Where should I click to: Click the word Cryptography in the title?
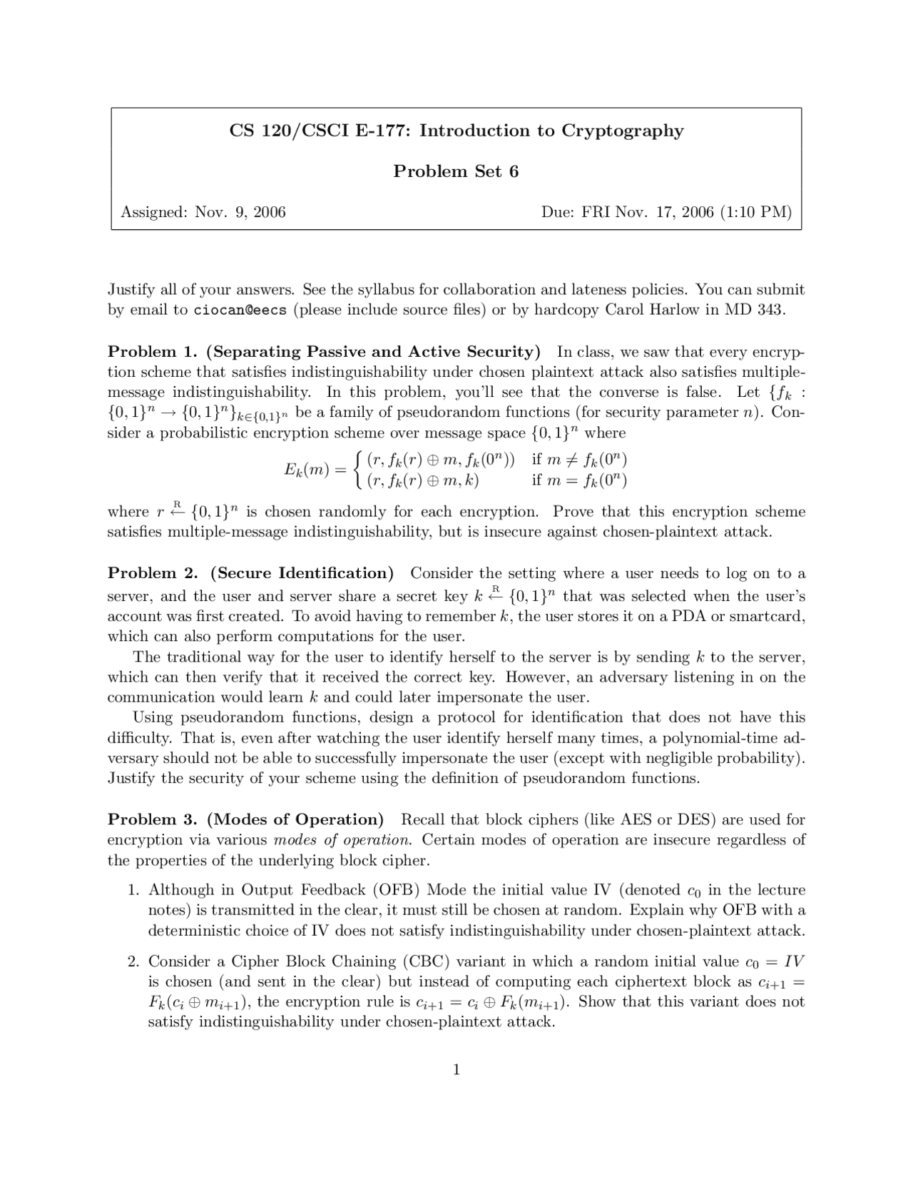[622, 131]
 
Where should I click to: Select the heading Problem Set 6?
[456, 171]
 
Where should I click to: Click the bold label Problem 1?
[152, 352]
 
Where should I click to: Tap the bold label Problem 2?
[152, 573]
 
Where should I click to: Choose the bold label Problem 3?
[152, 819]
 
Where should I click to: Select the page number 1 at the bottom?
[456, 1069]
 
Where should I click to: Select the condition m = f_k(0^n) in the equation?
[579, 480]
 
